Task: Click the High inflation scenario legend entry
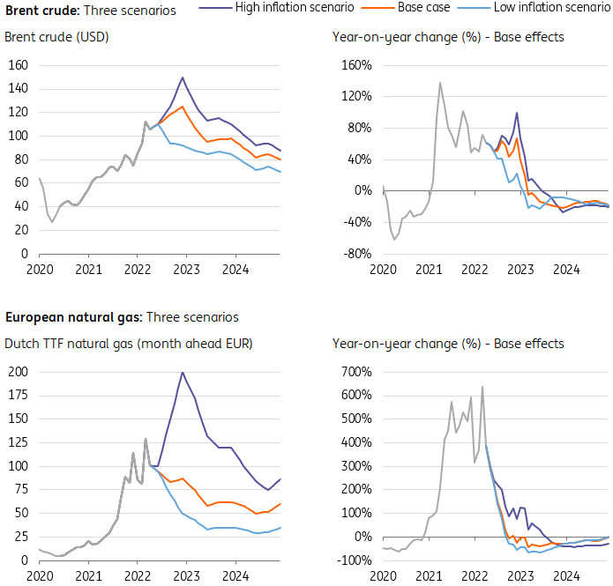[x=295, y=8]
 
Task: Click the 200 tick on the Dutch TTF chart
[x=17, y=371]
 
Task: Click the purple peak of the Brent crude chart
[x=183, y=78]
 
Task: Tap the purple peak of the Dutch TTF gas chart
[x=183, y=372]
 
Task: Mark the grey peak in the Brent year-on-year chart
[x=440, y=83]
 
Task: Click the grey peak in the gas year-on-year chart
[x=482, y=387]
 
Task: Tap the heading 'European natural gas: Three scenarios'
[x=122, y=317]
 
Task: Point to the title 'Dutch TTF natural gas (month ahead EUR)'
[x=129, y=343]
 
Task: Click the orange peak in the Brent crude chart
[x=183, y=107]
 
